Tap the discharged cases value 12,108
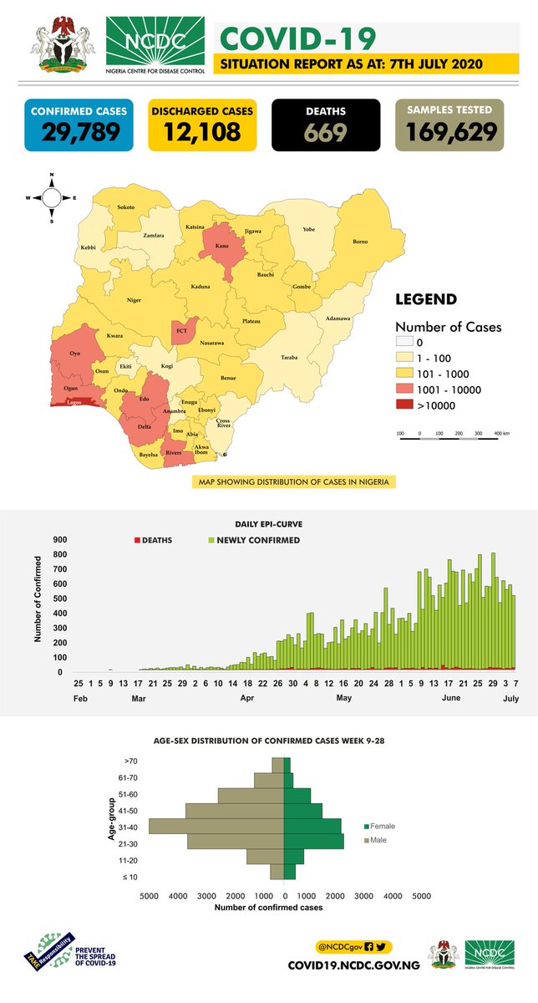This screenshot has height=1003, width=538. pos(201,132)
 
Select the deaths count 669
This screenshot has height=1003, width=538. pos(326,132)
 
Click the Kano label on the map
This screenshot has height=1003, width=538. pos(221,247)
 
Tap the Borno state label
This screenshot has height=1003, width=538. pos(359,242)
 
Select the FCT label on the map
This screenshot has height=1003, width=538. pos(181,332)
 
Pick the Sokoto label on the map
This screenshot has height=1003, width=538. pos(126,206)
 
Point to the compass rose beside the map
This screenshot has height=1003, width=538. pos(51,198)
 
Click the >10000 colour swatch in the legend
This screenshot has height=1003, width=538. pos(407,406)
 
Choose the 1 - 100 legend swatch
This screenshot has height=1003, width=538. pos(407,359)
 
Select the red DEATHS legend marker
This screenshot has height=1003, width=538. pos(137,540)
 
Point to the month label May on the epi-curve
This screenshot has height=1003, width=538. pos(343,697)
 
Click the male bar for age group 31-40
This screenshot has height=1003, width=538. pos(216,826)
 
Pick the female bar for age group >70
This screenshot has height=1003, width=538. pos(287,765)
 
